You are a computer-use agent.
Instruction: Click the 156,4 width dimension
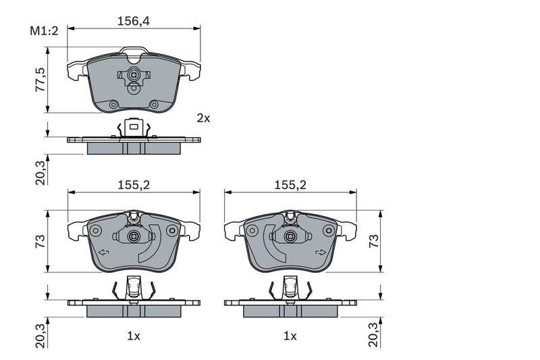pos(134,22)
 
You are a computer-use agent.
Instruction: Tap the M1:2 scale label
pos(44,31)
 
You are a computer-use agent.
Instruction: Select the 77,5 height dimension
pos(40,80)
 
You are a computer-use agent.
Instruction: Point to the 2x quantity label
pos(203,118)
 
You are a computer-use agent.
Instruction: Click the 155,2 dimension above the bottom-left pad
pos(134,185)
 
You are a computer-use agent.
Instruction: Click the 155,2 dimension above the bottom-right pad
pos(290,185)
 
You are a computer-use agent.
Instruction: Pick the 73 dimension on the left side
pos(40,241)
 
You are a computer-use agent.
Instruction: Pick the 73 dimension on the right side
pos(374,241)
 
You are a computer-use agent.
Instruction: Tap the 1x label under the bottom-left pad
pos(134,336)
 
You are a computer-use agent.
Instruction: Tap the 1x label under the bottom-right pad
pos(290,336)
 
